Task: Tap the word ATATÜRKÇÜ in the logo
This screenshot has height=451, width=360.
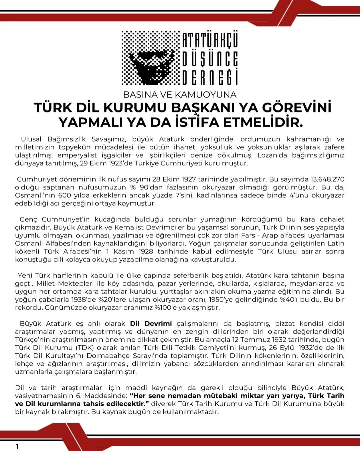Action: [x=210, y=40]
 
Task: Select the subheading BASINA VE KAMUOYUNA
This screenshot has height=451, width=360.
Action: [x=180, y=94]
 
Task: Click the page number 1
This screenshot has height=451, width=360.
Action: [x=17, y=447]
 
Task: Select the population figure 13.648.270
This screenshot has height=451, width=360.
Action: [x=323, y=179]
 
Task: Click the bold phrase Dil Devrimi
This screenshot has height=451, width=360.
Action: [x=151, y=323]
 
